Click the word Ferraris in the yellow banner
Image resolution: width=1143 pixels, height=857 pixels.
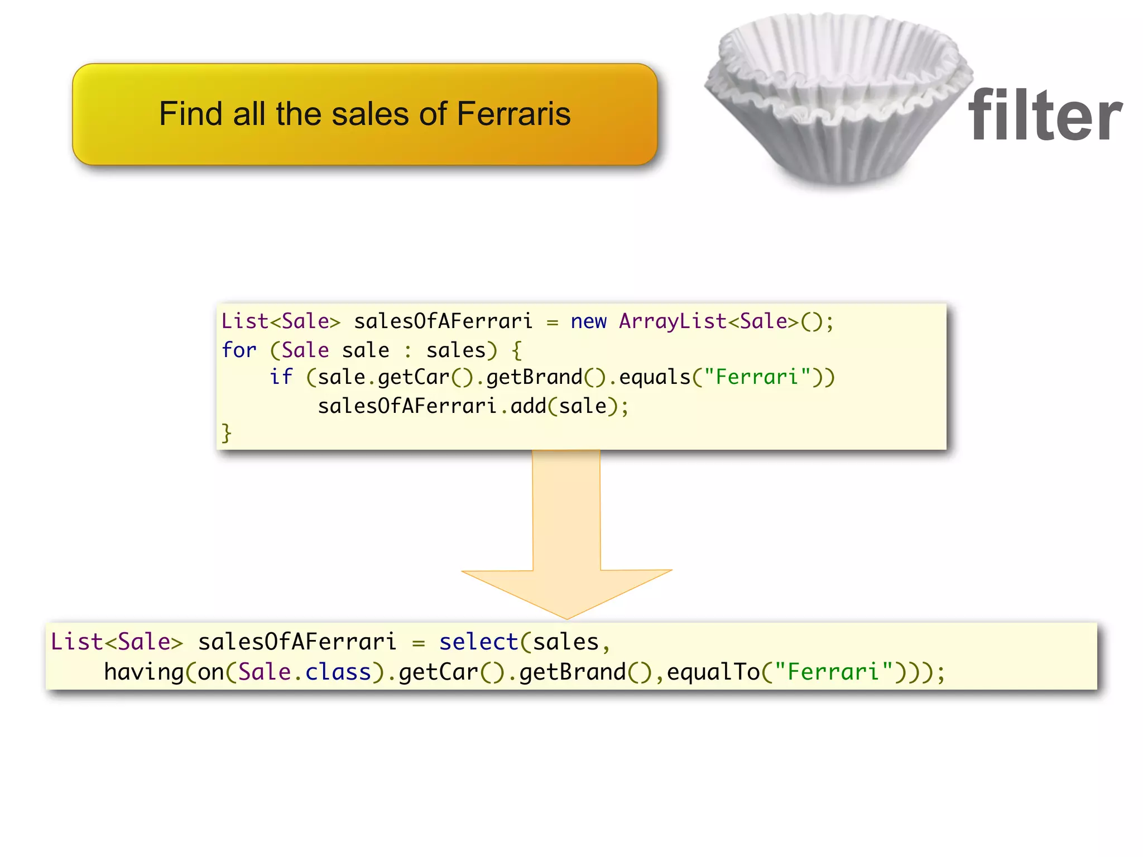pyautogui.click(x=513, y=114)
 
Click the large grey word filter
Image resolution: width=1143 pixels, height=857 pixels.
pyautogui.click(x=1045, y=115)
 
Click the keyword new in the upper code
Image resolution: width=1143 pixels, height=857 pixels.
pyautogui.click(x=588, y=321)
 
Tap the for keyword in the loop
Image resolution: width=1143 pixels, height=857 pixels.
pyautogui.click(x=239, y=350)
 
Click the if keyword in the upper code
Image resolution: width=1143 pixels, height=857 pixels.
pyautogui.click(x=281, y=377)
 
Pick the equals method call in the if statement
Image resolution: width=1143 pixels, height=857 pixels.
pyautogui.click(x=655, y=377)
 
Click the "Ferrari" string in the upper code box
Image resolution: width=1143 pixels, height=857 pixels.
pyautogui.click(x=756, y=377)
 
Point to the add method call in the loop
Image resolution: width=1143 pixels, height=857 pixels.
pyautogui.click(x=528, y=406)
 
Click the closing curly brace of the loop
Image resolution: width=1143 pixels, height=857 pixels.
pyautogui.click(x=227, y=433)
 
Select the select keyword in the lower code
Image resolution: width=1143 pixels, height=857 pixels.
pyautogui.click(x=478, y=642)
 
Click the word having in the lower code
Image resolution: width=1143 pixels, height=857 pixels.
pyautogui.click(x=144, y=672)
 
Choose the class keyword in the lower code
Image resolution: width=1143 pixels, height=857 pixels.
pyautogui.click(x=338, y=672)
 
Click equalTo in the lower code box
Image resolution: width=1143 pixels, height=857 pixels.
pyautogui.click(x=713, y=672)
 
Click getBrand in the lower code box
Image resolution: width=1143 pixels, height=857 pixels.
pyautogui.click(x=573, y=672)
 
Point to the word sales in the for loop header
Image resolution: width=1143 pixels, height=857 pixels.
pyautogui.click(x=456, y=350)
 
